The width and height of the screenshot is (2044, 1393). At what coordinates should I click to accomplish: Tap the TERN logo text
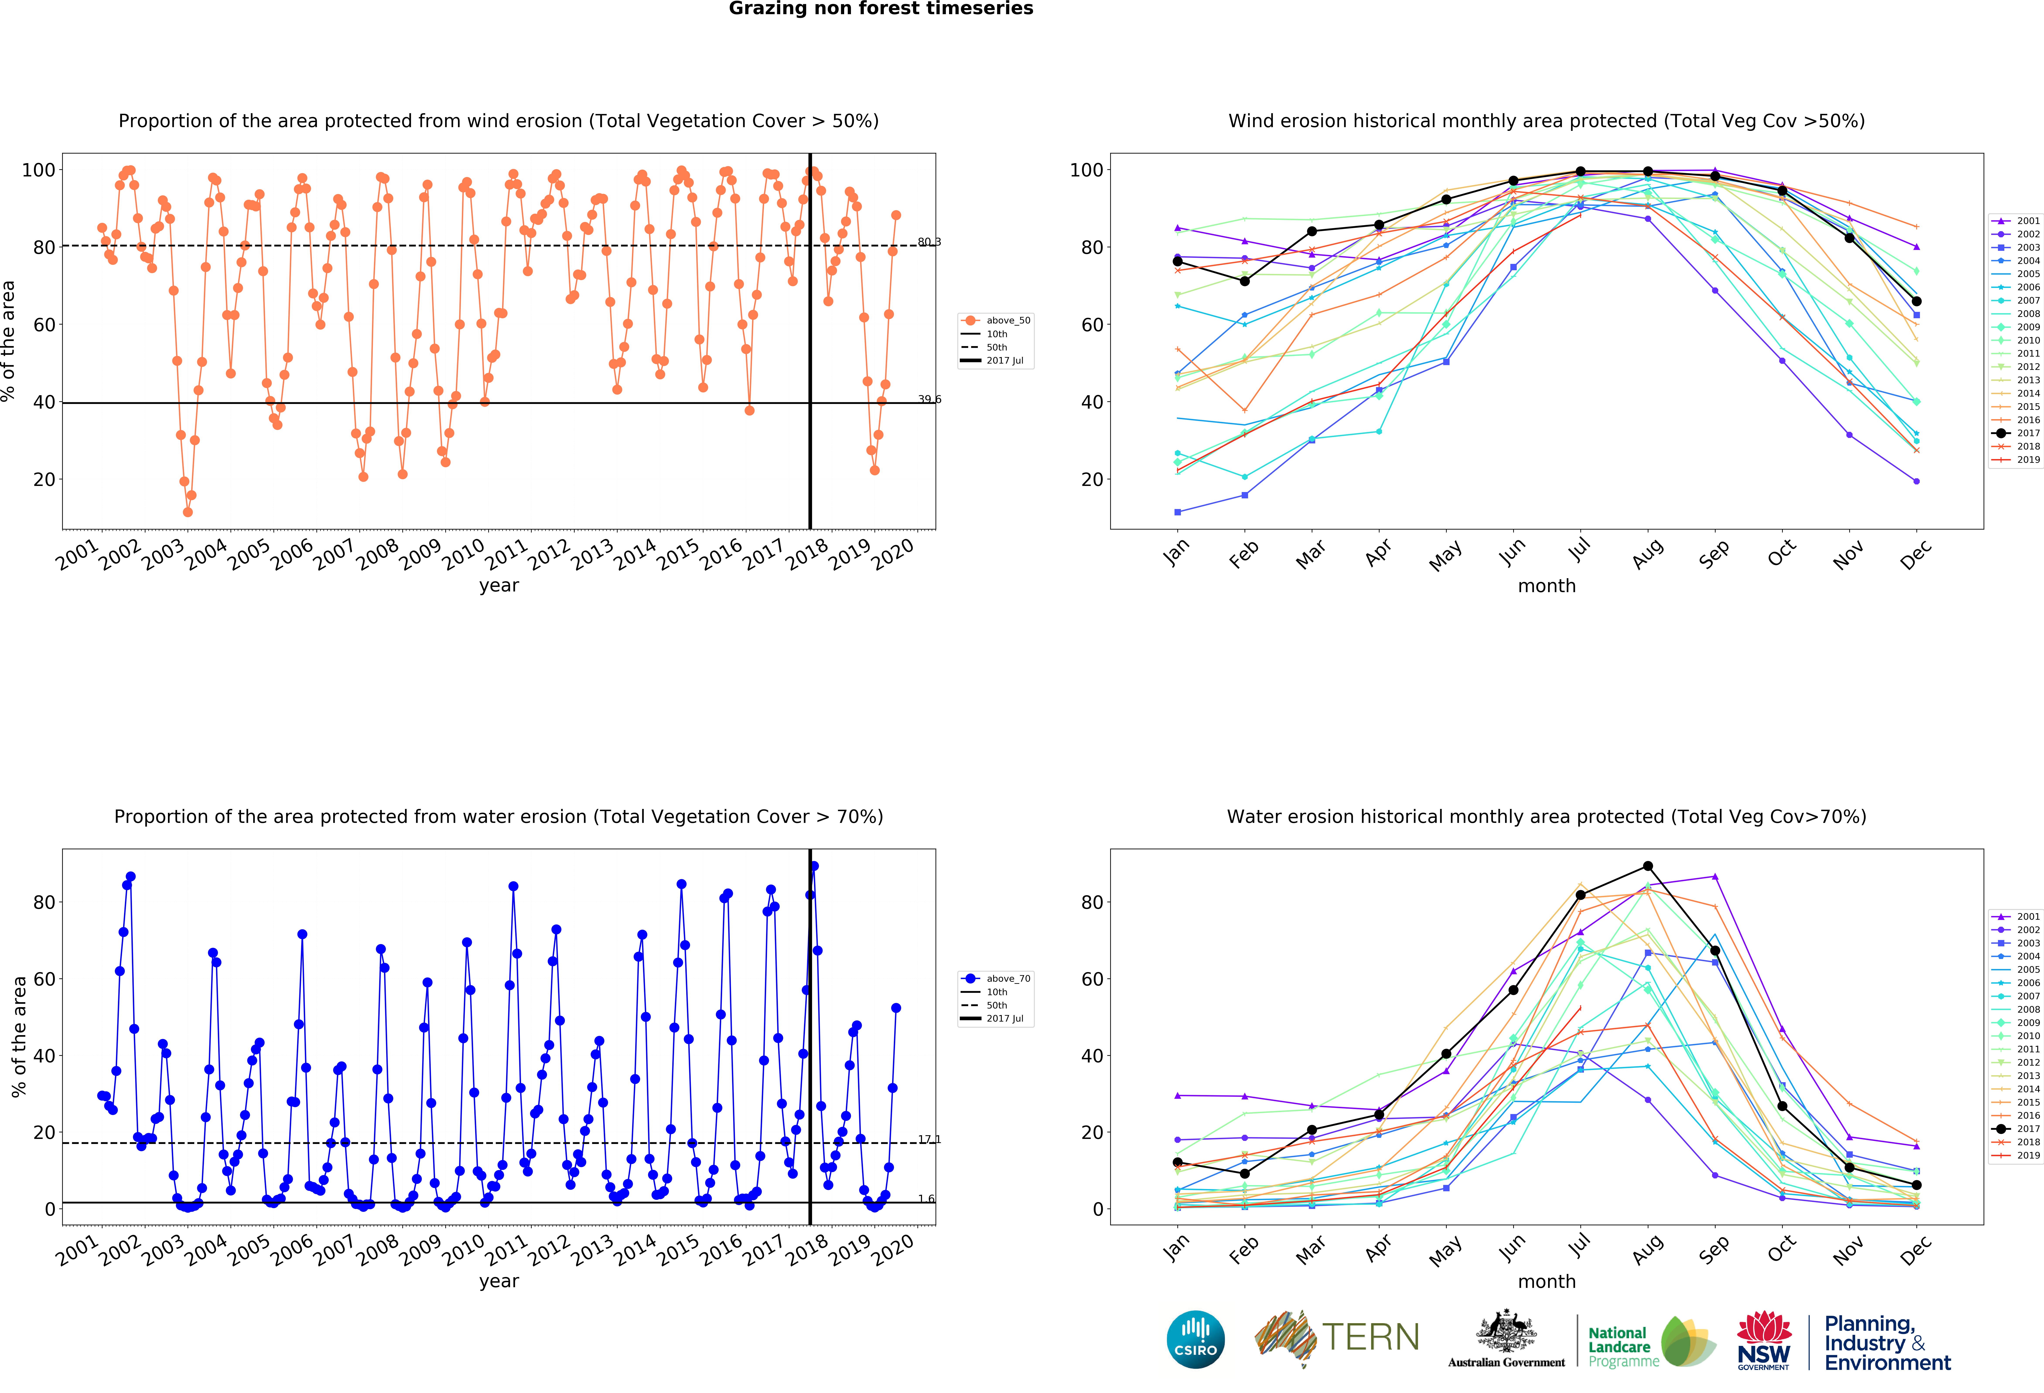tap(1370, 1338)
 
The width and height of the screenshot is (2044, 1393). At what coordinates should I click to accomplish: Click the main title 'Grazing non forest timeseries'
tap(880, 9)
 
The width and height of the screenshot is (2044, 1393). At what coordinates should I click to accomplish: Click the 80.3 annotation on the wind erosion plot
tap(929, 242)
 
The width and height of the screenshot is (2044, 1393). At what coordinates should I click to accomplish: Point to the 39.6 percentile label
tap(929, 399)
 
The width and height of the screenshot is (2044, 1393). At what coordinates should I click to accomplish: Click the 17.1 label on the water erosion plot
tap(929, 1139)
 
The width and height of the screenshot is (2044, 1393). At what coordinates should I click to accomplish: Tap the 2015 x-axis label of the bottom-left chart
tap(679, 1251)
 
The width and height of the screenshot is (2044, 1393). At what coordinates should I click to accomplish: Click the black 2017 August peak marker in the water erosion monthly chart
tap(1647, 866)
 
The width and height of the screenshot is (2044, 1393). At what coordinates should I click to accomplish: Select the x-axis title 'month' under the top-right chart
tap(1546, 586)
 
